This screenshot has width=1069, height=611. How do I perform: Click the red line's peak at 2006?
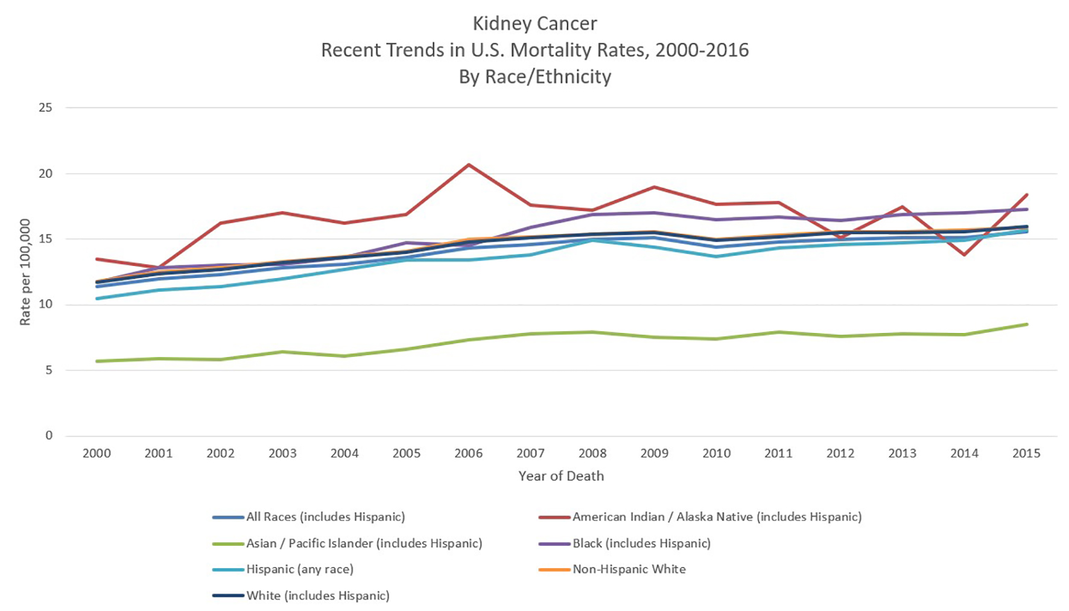pyautogui.click(x=469, y=165)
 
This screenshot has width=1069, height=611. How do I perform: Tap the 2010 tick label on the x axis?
pyautogui.click(x=716, y=454)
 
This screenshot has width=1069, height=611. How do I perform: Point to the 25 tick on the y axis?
pyautogui.click(x=46, y=108)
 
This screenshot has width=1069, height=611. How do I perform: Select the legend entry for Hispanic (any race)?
pyautogui.click(x=299, y=569)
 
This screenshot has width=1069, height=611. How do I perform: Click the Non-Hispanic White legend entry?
pyautogui.click(x=629, y=569)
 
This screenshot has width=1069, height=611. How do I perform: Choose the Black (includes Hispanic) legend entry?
pyautogui.click(x=641, y=543)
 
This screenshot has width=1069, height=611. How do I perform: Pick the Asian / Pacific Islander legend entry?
pyautogui.click(x=364, y=543)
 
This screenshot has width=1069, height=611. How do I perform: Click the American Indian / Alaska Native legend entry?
pyautogui.click(x=717, y=517)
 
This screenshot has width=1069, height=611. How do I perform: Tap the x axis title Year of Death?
pyautogui.click(x=561, y=476)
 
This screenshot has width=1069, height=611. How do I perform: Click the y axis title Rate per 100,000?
pyautogui.click(x=25, y=272)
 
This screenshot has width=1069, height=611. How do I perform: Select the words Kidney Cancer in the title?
pyautogui.click(x=534, y=24)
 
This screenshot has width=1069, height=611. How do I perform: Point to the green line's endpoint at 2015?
pyautogui.click(x=1027, y=324)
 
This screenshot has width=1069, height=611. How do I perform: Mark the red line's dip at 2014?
pyautogui.click(x=965, y=255)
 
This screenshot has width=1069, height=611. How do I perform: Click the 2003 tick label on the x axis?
pyautogui.click(x=282, y=454)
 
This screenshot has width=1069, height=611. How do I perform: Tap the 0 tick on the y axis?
pyautogui.click(x=49, y=435)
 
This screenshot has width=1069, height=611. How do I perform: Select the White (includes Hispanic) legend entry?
pyautogui.click(x=317, y=596)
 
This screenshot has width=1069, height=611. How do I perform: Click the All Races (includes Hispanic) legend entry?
pyautogui.click(x=325, y=517)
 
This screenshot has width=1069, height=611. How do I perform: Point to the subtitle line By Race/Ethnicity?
pyautogui.click(x=534, y=77)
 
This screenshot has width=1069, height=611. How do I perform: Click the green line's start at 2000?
pyautogui.click(x=97, y=361)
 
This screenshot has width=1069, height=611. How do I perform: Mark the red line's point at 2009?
pyautogui.click(x=655, y=187)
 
